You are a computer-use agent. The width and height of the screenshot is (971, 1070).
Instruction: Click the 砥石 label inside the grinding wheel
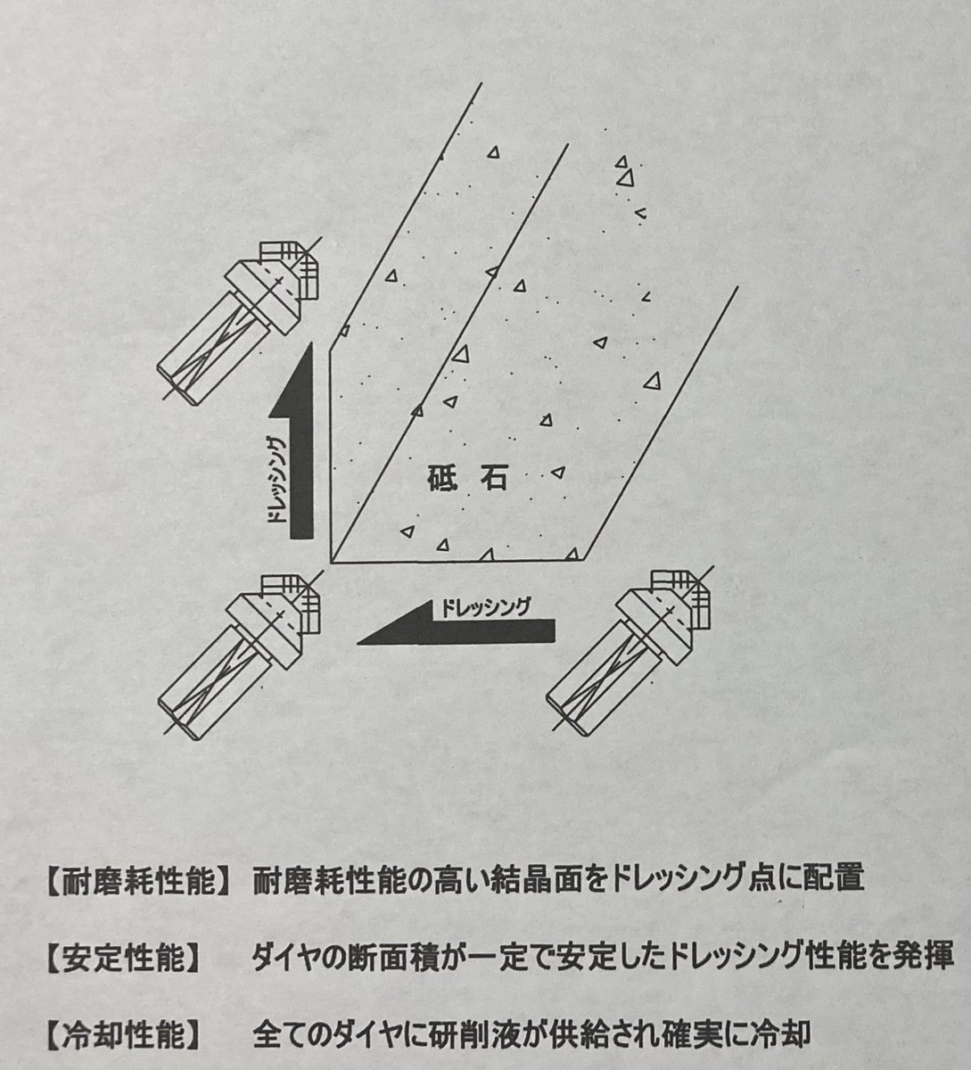(x=466, y=478)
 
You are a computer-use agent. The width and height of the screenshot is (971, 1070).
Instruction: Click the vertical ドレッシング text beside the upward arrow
(x=276, y=479)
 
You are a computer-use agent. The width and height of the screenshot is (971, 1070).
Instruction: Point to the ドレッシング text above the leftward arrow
(x=487, y=608)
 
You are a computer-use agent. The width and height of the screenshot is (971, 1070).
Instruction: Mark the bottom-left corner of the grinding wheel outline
(x=332, y=563)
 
